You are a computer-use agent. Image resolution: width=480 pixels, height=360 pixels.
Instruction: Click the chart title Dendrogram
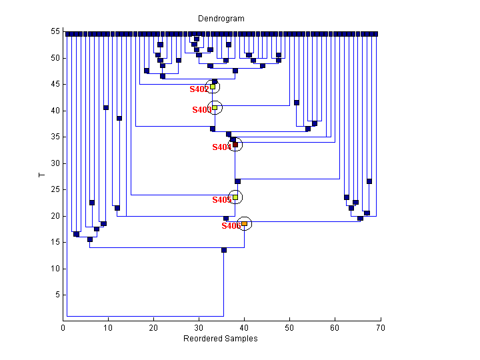221,18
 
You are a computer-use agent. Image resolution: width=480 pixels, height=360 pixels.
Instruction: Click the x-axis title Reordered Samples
221,339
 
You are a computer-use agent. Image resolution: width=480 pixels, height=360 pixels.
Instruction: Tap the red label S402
199,89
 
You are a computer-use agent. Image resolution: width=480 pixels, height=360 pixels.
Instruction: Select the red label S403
201,110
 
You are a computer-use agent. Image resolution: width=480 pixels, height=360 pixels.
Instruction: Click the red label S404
221,147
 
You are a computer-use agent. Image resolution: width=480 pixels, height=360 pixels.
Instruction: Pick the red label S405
221,200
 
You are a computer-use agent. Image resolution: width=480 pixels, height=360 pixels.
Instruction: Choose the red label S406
231,226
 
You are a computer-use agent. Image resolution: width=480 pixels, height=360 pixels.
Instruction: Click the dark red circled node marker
235,145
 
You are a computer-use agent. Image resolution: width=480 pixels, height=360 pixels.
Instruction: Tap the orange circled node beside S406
245,224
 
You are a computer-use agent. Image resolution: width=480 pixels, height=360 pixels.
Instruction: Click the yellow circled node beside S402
213,87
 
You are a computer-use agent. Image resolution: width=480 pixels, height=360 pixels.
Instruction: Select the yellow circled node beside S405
235,197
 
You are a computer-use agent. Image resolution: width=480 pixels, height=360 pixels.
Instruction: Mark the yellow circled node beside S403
215,107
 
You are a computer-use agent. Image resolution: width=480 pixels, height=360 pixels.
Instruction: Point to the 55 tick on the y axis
55,32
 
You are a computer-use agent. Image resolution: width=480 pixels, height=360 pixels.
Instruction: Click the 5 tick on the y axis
57,295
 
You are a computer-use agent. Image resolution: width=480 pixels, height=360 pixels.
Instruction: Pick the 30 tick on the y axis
55,163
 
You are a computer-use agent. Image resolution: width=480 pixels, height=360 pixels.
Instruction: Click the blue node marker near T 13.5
224,250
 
